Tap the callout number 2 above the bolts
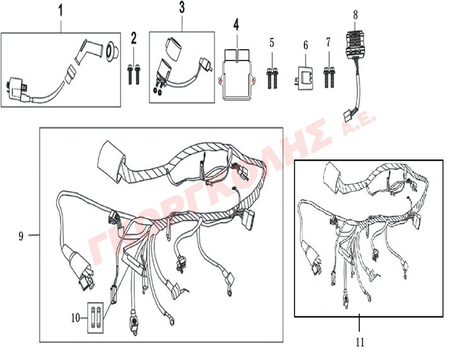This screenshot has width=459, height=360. [134, 38]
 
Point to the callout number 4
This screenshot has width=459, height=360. [236, 25]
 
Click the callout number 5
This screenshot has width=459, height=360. [272, 43]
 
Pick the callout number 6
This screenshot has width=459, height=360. [306, 45]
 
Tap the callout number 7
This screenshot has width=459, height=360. [328, 42]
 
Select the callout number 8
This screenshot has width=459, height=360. [356, 15]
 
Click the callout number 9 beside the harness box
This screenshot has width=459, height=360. [21, 236]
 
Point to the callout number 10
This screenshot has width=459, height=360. [76, 318]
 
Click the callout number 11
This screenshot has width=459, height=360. [360, 342]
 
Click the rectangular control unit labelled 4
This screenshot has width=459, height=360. [236, 75]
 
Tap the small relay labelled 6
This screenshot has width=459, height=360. [305, 78]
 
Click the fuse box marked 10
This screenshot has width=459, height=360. [96, 318]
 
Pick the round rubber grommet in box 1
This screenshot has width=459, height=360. [113, 50]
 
